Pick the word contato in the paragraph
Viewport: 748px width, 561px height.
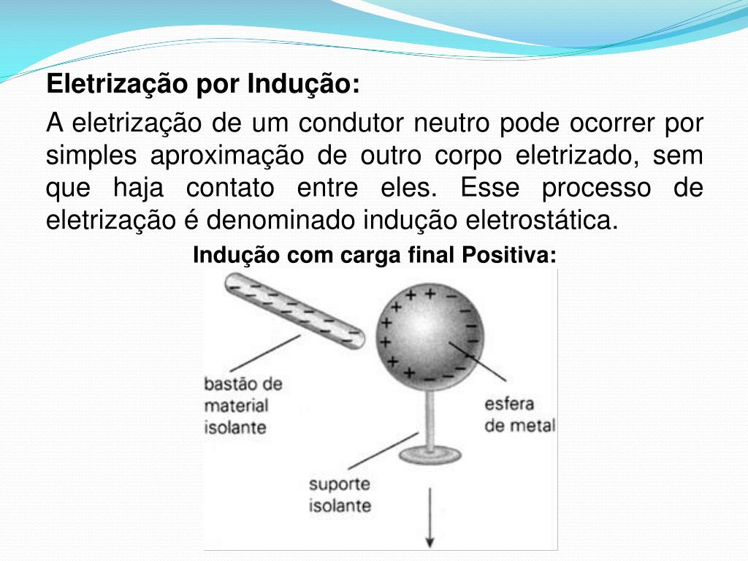coord(230,188)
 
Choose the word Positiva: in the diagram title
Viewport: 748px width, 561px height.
coord(509,256)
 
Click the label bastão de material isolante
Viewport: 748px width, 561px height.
coord(243,405)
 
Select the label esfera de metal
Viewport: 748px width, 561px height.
coord(519,414)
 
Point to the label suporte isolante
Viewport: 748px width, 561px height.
coord(340,495)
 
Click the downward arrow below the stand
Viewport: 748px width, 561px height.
coord(430,518)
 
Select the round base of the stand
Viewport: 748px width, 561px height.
coord(429,455)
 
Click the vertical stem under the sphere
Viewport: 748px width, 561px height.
coord(430,416)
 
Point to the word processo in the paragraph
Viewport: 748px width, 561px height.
coord(596,188)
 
